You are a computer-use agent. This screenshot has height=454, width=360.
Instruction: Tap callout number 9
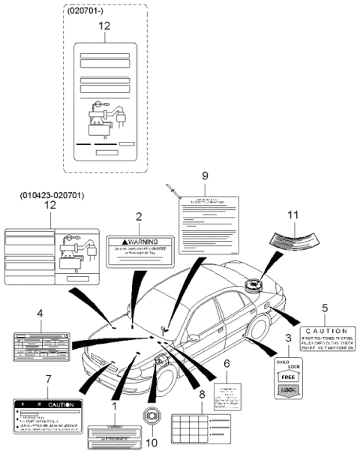204,176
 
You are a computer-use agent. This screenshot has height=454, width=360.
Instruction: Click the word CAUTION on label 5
327,331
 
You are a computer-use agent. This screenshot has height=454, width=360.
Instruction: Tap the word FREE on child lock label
288,378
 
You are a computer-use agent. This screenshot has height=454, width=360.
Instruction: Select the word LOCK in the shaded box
288,390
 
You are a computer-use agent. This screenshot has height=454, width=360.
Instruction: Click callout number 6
226,363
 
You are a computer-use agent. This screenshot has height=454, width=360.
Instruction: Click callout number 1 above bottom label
114,406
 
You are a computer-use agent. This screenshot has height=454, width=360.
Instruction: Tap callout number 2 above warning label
138,217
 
